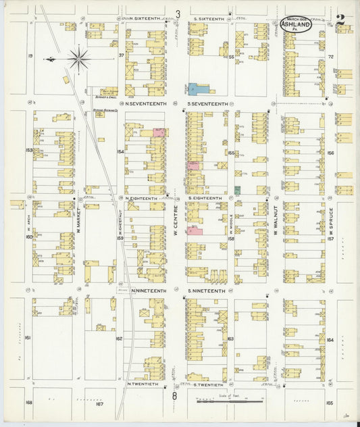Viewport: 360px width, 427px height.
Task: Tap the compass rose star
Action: pos(79,59)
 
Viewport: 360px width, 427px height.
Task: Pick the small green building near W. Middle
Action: pos(237,191)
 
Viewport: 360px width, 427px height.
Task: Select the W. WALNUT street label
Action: pos(276,223)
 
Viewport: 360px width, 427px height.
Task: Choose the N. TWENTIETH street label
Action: pos(143,384)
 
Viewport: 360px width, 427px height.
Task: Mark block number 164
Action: pos(330,339)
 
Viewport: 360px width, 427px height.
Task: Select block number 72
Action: pos(331,57)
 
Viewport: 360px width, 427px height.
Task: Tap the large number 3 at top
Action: pos(178,14)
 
